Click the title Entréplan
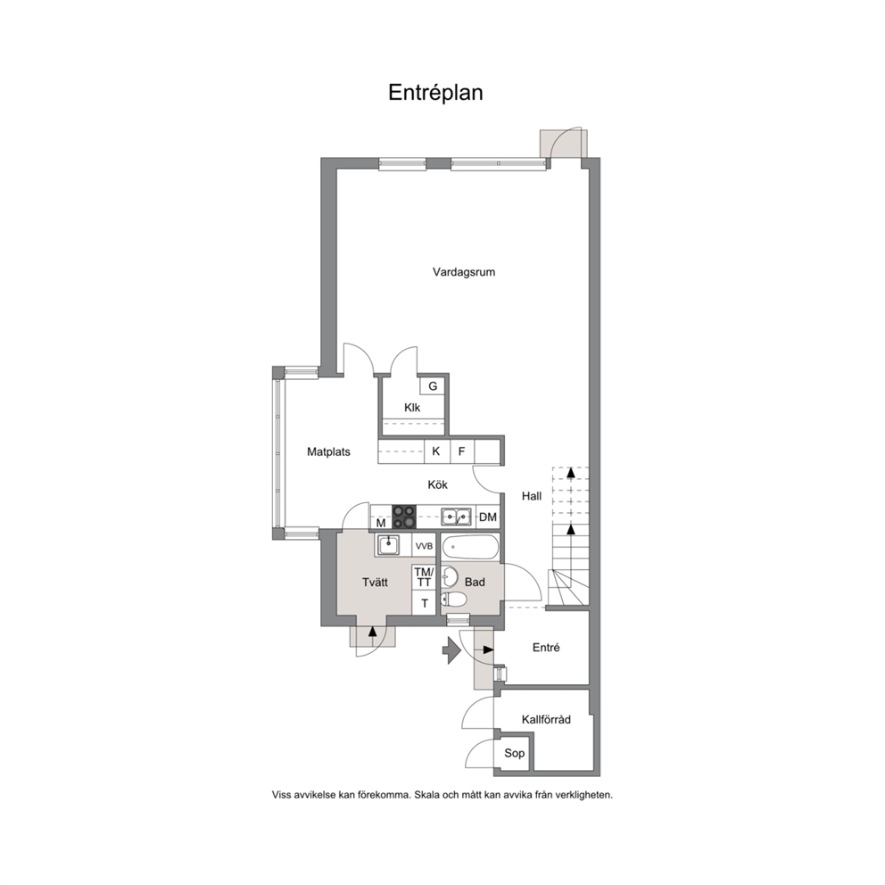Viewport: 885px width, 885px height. [x=435, y=93]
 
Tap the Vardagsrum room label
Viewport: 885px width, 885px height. [x=464, y=272]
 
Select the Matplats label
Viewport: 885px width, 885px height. [x=328, y=451]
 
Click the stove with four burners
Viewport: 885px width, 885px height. [x=404, y=517]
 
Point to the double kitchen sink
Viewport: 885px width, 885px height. [x=457, y=516]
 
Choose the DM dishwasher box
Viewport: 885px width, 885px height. [x=488, y=517]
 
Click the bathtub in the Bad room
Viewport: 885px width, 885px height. [x=470, y=546]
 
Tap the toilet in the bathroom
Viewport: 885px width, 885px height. [x=452, y=599]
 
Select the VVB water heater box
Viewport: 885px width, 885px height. [x=424, y=546]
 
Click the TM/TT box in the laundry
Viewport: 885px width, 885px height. [x=424, y=577]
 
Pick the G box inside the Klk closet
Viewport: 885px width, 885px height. [x=433, y=386]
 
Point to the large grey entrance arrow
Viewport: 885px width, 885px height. [x=451, y=649]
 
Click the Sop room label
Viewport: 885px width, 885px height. [x=514, y=753]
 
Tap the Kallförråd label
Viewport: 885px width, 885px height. [x=546, y=720]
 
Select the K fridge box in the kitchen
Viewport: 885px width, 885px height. [x=436, y=451]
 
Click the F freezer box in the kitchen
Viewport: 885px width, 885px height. [x=462, y=451]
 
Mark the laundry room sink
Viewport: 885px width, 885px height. [x=388, y=545]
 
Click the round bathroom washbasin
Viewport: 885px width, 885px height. [x=450, y=577]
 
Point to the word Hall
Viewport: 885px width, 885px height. [x=531, y=496]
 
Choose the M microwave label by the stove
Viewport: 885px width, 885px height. [x=381, y=523]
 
